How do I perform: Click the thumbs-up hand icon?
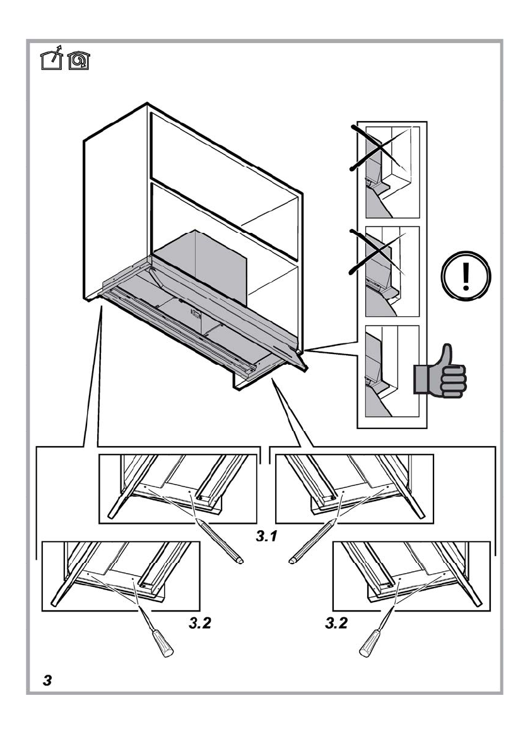[x=440, y=372]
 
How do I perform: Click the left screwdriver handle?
[x=163, y=643]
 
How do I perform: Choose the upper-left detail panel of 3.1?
[x=179, y=487]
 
